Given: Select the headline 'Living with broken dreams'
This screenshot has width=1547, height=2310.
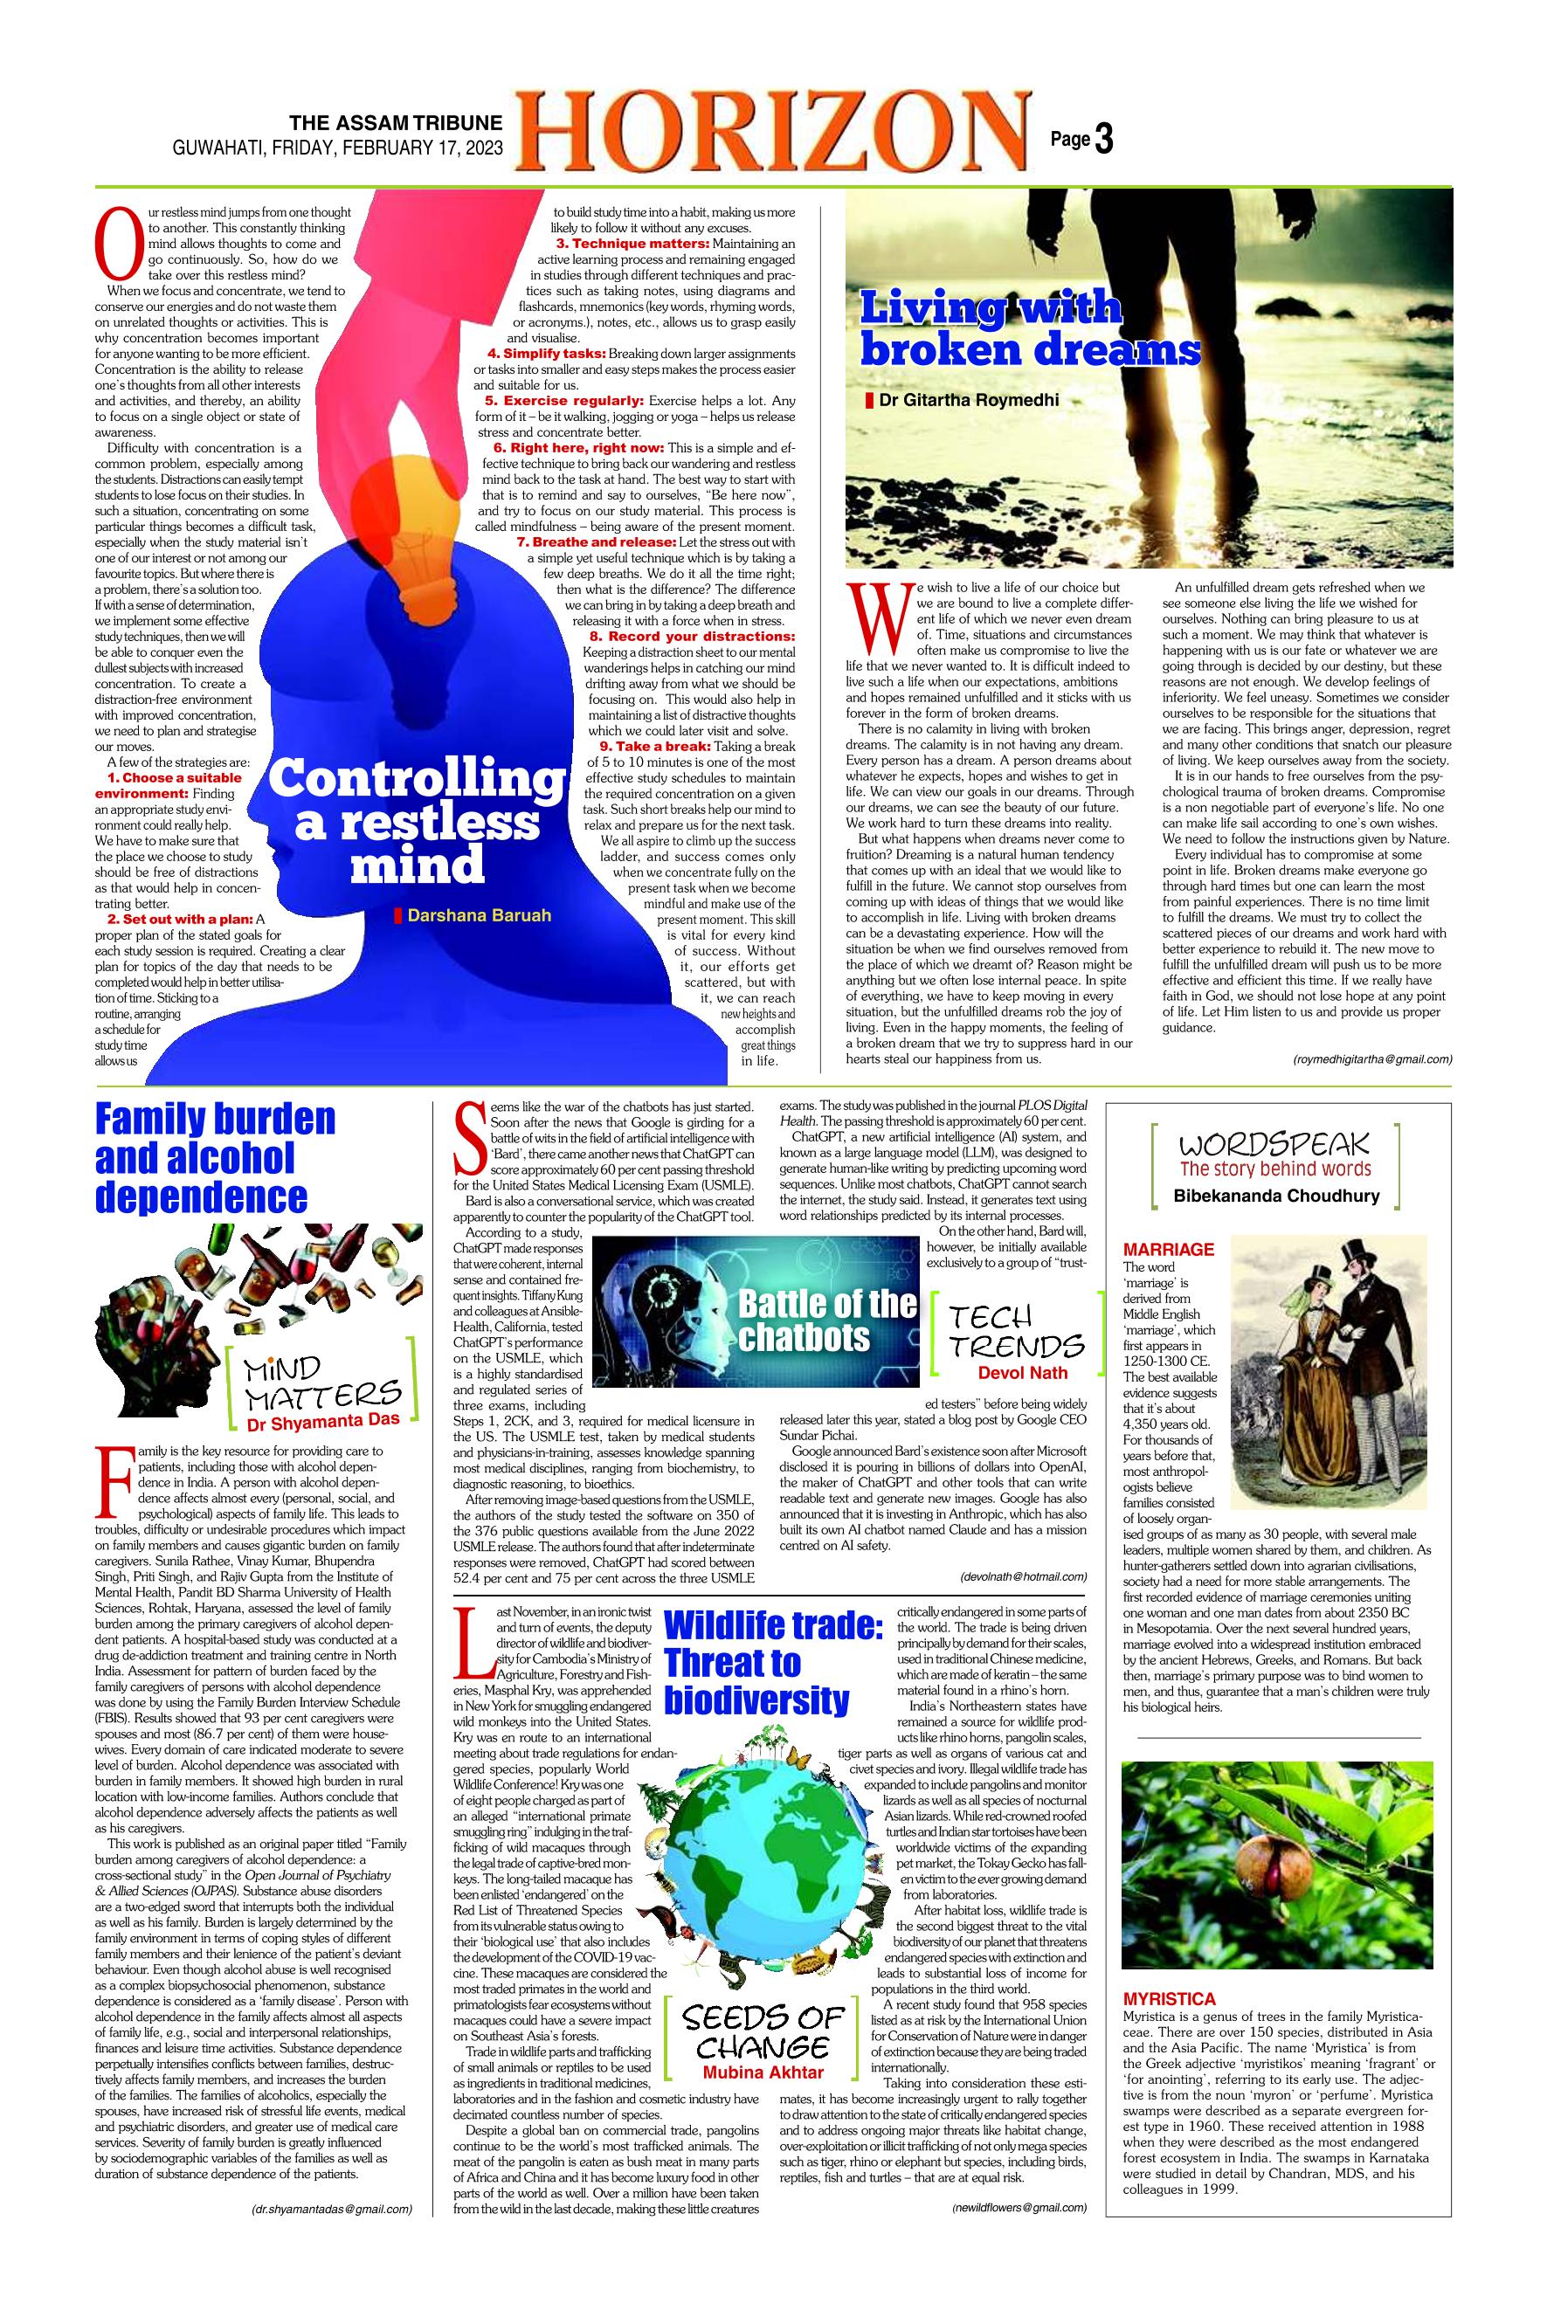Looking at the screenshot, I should [x=1029, y=328].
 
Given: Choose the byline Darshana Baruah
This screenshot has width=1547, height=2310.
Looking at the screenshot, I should [x=478, y=915].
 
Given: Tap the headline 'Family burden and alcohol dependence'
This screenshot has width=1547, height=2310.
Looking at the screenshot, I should [x=215, y=1157].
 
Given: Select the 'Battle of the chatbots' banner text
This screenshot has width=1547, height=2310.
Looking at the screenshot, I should [x=826, y=1320].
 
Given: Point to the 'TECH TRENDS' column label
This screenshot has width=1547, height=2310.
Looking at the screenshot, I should [x=1016, y=1331].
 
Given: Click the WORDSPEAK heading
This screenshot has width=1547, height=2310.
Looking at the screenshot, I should [x=1274, y=1144].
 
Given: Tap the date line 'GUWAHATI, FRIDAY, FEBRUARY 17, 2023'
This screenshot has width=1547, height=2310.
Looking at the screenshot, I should [x=337, y=148].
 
